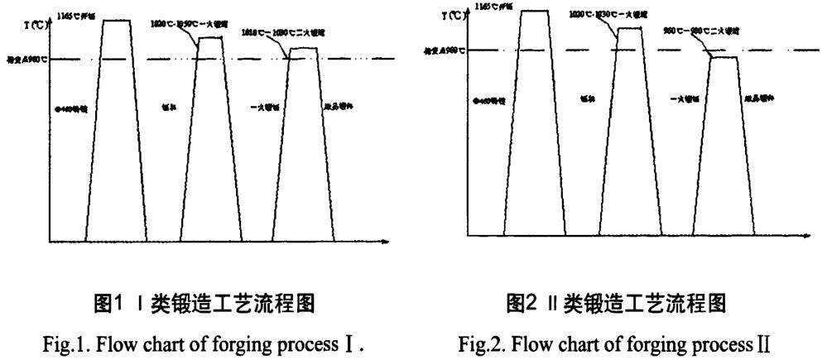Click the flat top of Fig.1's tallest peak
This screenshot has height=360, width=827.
[x=116, y=20]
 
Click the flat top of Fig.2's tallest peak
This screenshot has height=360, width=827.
[x=535, y=11]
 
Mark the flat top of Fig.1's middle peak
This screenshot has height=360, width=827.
[x=211, y=37]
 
